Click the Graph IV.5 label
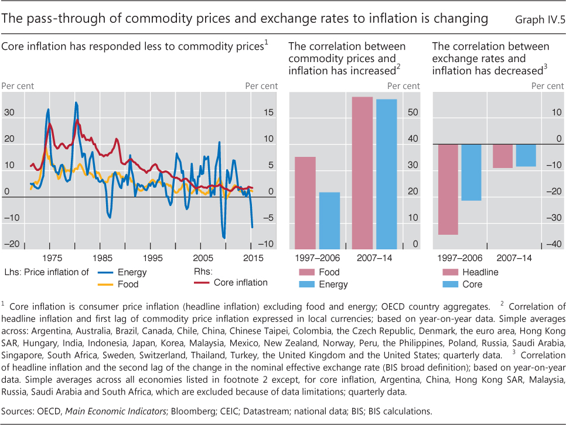pos(539,20)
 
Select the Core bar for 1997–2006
pos(471,173)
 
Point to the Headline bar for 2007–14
pos(502,156)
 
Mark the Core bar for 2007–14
pos(526,155)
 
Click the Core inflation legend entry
pos(240,283)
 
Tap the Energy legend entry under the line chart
pos(132,272)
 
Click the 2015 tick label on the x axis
pos(252,258)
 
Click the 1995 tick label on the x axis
pos(152,258)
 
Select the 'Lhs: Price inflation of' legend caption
pos(39,272)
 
